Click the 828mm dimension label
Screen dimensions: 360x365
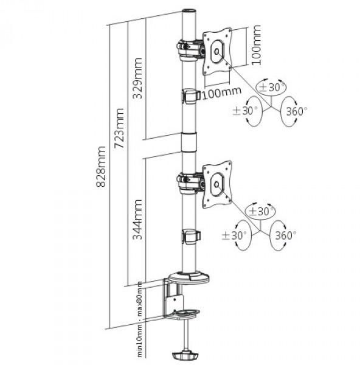pyautogui.click(x=101, y=167)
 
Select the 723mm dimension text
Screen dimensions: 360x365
pyautogui.click(x=119, y=128)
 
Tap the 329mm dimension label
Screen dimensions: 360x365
pyautogui.click(x=137, y=78)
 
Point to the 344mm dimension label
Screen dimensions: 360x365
pyautogui.click(x=137, y=220)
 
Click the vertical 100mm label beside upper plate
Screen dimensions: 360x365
pyautogui.click(x=256, y=44)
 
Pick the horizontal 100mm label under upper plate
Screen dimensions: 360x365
pyautogui.click(x=222, y=93)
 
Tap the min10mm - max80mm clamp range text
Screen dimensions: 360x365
pyautogui.click(x=140, y=320)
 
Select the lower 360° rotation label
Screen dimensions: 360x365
pyautogui.click(x=286, y=235)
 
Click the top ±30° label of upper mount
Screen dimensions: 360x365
pyautogui.click(x=271, y=87)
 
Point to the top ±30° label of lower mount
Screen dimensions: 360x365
pyautogui.click(x=261, y=211)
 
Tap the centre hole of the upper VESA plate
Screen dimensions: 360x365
pyautogui.click(x=217, y=52)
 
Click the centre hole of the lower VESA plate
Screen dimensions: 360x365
pyautogui.click(x=216, y=184)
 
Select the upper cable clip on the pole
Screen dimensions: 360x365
pyautogui.click(x=191, y=96)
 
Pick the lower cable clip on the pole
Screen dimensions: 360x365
pyautogui.click(x=191, y=237)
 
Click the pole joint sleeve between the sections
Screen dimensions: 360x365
pyautogui.click(x=189, y=142)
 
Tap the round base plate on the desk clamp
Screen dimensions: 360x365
pyautogui.click(x=189, y=279)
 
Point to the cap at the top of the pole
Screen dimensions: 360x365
pyautogui.click(x=189, y=12)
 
